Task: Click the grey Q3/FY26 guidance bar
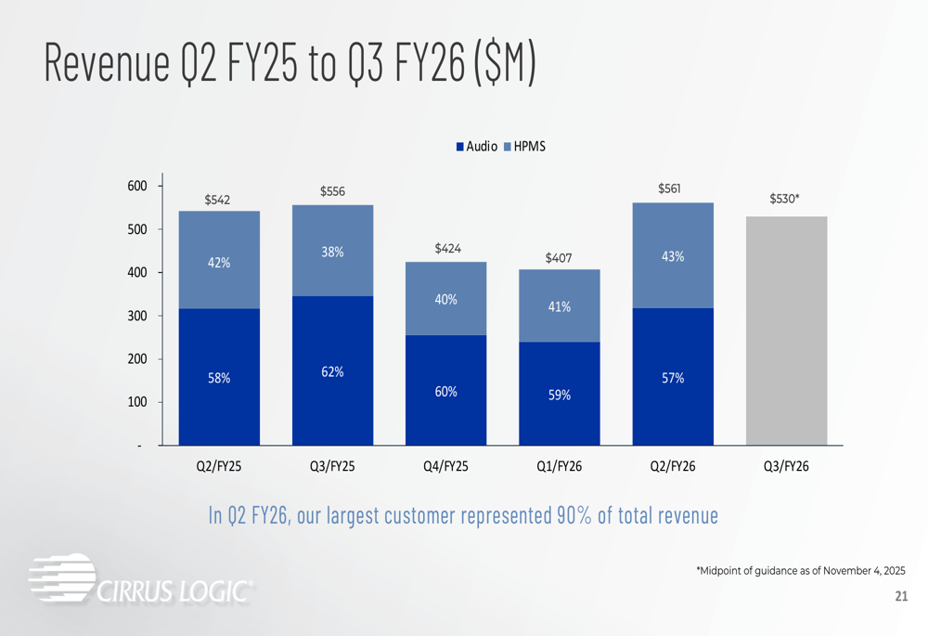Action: pos(786,331)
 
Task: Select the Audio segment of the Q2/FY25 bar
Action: pos(219,376)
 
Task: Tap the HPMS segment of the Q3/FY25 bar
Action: pos(332,251)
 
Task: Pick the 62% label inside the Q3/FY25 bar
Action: pos(332,372)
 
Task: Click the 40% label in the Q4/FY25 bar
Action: pos(445,300)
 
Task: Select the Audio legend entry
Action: pos(476,147)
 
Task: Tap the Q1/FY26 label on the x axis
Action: pos(559,466)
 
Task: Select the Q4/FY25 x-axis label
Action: pos(445,466)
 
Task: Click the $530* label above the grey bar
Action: pos(786,200)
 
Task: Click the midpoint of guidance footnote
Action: pos(800,570)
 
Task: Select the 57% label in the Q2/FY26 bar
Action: pos(673,378)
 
